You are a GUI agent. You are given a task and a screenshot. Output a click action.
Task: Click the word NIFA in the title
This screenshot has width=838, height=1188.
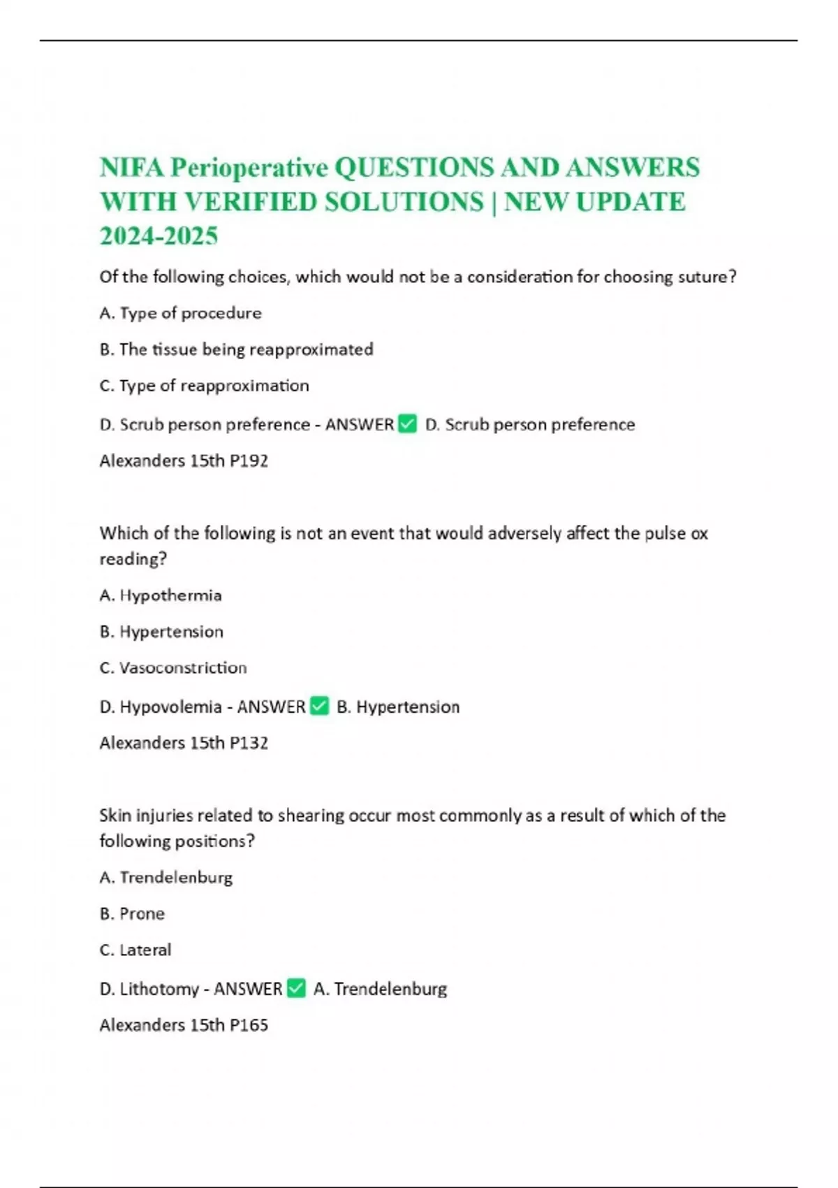(x=131, y=168)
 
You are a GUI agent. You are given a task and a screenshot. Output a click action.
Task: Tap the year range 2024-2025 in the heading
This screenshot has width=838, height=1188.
(x=159, y=236)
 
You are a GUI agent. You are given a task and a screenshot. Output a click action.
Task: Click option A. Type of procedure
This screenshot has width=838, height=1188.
(x=180, y=313)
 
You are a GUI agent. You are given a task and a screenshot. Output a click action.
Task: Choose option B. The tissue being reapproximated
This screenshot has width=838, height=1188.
(x=236, y=349)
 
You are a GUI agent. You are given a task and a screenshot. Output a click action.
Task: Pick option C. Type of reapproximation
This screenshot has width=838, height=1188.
(x=204, y=386)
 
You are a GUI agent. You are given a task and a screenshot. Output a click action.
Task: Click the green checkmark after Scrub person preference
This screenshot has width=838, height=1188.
(x=407, y=423)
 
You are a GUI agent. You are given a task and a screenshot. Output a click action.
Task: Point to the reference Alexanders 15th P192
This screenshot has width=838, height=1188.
(x=184, y=461)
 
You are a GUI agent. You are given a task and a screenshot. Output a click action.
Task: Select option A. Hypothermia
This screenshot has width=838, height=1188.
(x=161, y=595)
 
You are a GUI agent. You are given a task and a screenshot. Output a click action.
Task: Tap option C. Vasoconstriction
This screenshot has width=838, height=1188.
(x=173, y=668)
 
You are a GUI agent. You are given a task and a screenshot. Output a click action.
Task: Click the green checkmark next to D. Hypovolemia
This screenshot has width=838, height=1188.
(x=319, y=706)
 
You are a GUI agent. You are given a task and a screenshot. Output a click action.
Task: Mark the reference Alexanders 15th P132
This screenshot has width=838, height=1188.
(x=184, y=743)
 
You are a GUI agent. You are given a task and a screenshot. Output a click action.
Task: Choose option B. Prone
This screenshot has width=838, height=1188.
(x=132, y=914)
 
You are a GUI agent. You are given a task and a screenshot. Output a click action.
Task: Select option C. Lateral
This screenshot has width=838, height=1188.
(x=135, y=950)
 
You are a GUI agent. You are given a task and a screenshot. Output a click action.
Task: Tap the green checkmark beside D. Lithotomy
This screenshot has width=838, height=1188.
(x=296, y=988)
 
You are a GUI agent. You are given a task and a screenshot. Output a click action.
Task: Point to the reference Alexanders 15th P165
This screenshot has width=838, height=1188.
(x=184, y=1025)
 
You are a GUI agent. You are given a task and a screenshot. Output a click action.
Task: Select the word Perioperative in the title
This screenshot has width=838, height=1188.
(x=249, y=168)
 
